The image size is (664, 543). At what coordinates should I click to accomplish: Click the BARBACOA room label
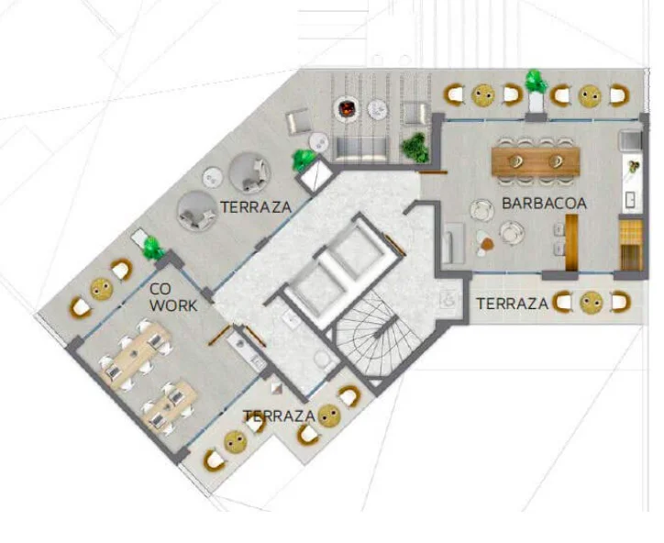coord(544,204)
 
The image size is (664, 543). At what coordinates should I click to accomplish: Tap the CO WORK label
coord(173,297)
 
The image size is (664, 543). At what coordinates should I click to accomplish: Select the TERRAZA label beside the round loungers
coord(256,207)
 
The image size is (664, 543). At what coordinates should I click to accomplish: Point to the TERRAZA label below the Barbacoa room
coord(512,304)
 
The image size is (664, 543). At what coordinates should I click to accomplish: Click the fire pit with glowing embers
coord(346,109)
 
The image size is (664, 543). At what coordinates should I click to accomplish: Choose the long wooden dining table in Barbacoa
coord(536,161)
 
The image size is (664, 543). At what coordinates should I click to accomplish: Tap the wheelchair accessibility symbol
coord(448,299)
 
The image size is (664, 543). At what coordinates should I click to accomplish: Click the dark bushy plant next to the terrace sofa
coord(415,148)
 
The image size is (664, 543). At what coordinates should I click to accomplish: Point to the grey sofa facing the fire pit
coord(361,150)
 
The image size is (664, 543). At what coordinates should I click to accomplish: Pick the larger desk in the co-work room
coord(136,355)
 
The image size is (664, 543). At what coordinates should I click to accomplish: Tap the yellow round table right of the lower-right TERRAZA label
coord(591,303)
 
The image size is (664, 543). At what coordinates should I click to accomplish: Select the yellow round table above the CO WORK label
coord(102,289)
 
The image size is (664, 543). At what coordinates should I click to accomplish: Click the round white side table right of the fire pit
coord(377,110)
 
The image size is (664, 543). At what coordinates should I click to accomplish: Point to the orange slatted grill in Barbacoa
coord(631,245)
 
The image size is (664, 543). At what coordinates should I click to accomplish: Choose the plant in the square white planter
coord(304,161)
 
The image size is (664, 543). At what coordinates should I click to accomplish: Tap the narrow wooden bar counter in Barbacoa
coord(571,243)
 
